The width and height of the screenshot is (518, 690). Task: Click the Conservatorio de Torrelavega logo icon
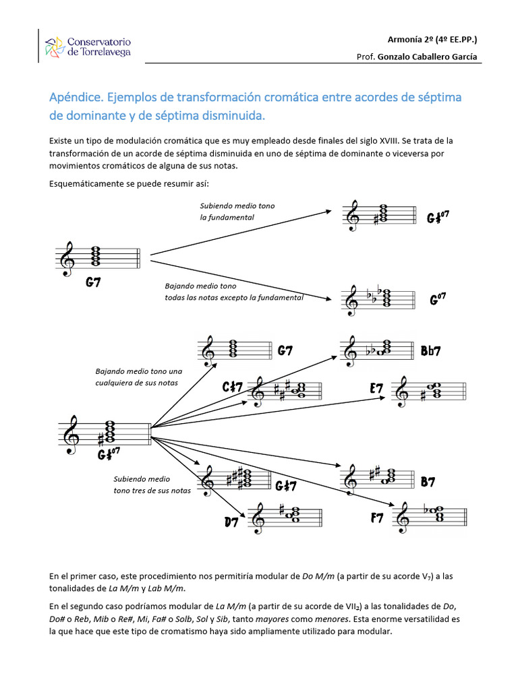(x=54, y=48)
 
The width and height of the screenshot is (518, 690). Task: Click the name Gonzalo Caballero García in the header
(x=427, y=57)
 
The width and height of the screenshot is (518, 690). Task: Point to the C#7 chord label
(x=232, y=387)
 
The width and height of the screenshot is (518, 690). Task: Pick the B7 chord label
(x=428, y=482)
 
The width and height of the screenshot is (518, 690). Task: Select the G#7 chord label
(x=285, y=485)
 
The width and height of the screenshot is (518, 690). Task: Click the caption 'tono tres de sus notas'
(x=152, y=490)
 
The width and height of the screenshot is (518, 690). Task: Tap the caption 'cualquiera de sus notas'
(x=137, y=383)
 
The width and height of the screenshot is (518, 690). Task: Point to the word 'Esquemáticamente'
(x=84, y=184)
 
